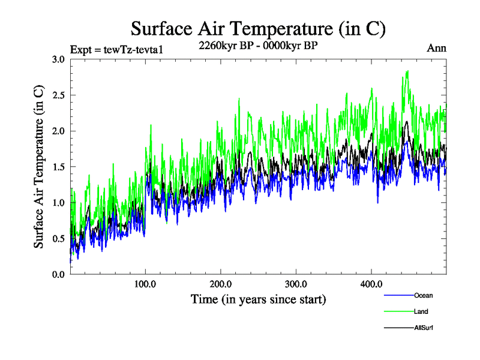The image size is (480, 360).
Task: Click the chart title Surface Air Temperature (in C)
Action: tap(258, 28)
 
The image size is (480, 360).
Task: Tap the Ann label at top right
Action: tap(436, 48)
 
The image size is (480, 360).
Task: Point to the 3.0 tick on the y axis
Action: tap(58, 59)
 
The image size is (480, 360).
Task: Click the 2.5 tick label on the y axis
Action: tap(58, 95)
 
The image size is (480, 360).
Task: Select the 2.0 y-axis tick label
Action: tap(58, 131)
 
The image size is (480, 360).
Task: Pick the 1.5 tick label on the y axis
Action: tap(58, 167)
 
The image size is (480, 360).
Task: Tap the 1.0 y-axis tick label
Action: tap(58, 202)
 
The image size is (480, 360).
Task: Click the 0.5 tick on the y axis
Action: tap(58, 238)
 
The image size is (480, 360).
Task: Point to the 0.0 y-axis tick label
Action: tap(58, 274)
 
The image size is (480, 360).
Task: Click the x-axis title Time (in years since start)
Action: tap(258, 299)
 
